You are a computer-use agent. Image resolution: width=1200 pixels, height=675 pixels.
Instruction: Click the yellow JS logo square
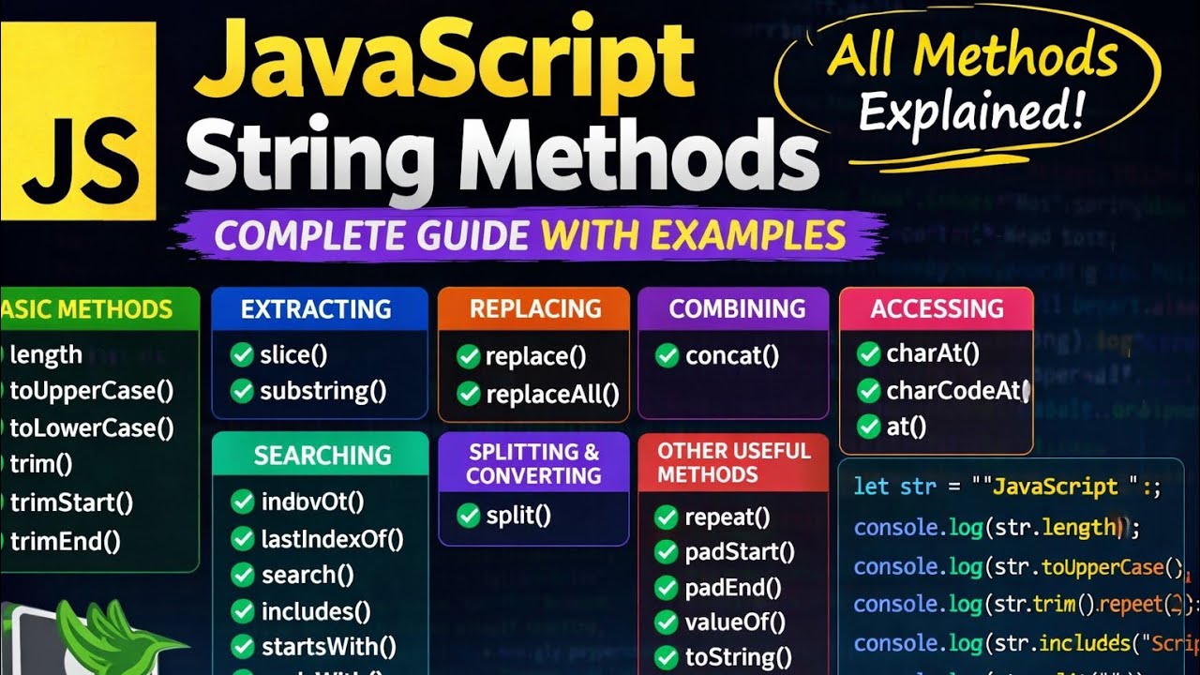[78, 120]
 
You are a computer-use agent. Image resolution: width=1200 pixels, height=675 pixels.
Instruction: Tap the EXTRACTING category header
[316, 309]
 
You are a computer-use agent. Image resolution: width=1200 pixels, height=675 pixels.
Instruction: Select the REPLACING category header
[535, 309]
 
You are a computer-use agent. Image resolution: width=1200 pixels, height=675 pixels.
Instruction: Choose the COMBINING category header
[737, 309]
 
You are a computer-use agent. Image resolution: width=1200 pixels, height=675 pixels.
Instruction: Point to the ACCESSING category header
[937, 309]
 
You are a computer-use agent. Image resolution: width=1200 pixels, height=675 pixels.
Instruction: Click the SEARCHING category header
[322, 456]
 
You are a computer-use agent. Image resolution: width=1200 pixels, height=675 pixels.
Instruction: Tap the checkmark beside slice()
[242, 355]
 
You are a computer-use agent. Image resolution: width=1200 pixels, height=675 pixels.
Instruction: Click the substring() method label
[322, 391]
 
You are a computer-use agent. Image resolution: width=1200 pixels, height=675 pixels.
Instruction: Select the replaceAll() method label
[552, 394]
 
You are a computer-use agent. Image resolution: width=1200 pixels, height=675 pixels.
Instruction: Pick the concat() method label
[732, 356]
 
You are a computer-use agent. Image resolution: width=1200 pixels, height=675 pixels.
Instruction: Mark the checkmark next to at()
[868, 427]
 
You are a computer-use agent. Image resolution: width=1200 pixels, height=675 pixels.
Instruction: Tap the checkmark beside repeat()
[667, 517]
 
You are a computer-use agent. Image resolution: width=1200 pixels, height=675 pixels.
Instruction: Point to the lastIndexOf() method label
[332, 539]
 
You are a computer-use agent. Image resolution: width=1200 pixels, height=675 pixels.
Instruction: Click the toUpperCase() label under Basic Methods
[91, 391]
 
